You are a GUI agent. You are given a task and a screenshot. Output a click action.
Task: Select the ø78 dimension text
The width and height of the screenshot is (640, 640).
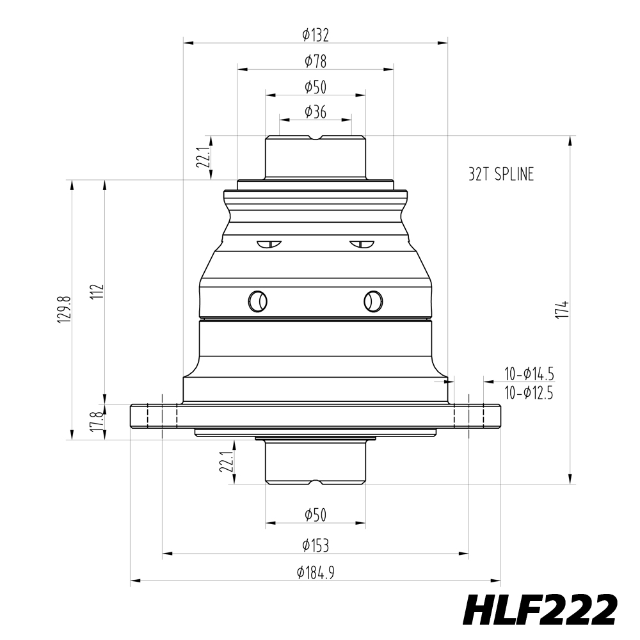click(x=316, y=61)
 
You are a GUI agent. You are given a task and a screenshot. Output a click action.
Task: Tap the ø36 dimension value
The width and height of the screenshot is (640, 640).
click(x=316, y=112)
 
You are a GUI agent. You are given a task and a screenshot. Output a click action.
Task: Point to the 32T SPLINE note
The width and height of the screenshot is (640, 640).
click(x=500, y=175)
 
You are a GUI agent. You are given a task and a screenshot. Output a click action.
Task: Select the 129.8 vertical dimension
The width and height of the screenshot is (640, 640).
click(x=63, y=310)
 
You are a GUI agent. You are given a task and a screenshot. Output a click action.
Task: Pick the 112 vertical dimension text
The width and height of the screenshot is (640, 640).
click(x=97, y=292)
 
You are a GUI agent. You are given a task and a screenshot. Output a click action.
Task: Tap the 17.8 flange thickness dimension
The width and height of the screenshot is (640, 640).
click(x=97, y=422)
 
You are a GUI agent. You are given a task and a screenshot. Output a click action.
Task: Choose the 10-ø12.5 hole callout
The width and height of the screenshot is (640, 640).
click(x=529, y=393)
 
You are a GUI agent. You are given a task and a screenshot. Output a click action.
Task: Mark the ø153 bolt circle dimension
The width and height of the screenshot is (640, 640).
click(x=316, y=545)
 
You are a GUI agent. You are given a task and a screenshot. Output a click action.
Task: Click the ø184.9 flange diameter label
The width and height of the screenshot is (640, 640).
click(x=316, y=573)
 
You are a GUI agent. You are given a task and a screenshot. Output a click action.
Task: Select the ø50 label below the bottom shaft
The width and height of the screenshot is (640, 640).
click(x=316, y=515)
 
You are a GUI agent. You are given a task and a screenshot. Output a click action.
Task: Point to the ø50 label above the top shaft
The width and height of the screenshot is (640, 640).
click(x=316, y=86)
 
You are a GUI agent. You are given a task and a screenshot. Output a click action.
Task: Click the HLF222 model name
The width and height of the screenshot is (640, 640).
click(x=540, y=610)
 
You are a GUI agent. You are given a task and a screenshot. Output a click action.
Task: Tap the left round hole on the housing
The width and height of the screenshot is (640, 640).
click(x=258, y=300)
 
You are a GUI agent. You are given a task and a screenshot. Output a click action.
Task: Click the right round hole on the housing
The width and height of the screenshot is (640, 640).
click(x=373, y=300)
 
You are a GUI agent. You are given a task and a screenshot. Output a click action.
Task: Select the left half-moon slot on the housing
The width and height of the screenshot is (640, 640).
click(x=269, y=244)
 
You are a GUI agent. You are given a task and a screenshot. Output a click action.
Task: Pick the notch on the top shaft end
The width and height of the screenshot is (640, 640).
click(x=316, y=138)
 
